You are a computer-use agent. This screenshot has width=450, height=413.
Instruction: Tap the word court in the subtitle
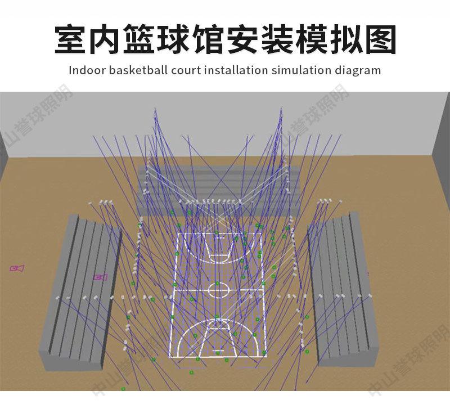[x=184, y=70]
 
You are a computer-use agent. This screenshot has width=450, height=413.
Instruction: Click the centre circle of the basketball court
[x=218, y=289]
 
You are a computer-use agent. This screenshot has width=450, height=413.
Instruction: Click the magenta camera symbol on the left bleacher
[x=100, y=277]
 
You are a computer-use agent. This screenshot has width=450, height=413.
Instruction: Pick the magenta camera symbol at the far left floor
[x=17, y=269]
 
